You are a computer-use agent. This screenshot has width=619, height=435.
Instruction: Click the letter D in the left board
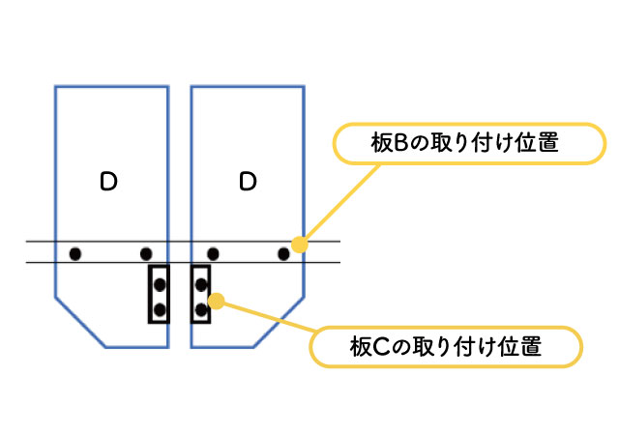[108, 181]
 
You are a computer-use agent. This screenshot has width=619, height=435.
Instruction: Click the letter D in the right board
[248, 181]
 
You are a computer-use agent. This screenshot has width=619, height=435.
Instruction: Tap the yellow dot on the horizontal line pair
[299, 244]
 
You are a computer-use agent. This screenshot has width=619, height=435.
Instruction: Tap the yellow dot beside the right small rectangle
[217, 300]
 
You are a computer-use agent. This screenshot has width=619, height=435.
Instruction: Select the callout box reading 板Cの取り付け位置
[445, 346]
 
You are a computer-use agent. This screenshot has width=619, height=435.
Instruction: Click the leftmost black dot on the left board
[74, 254]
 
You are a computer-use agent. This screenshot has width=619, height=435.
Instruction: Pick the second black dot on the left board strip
[146, 254]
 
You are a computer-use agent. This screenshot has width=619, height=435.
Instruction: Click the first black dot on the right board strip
[213, 254]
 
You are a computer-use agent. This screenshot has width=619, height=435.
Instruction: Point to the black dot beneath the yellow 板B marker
[284, 254]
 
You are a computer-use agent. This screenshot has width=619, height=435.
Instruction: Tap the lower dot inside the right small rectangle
[200, 309]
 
